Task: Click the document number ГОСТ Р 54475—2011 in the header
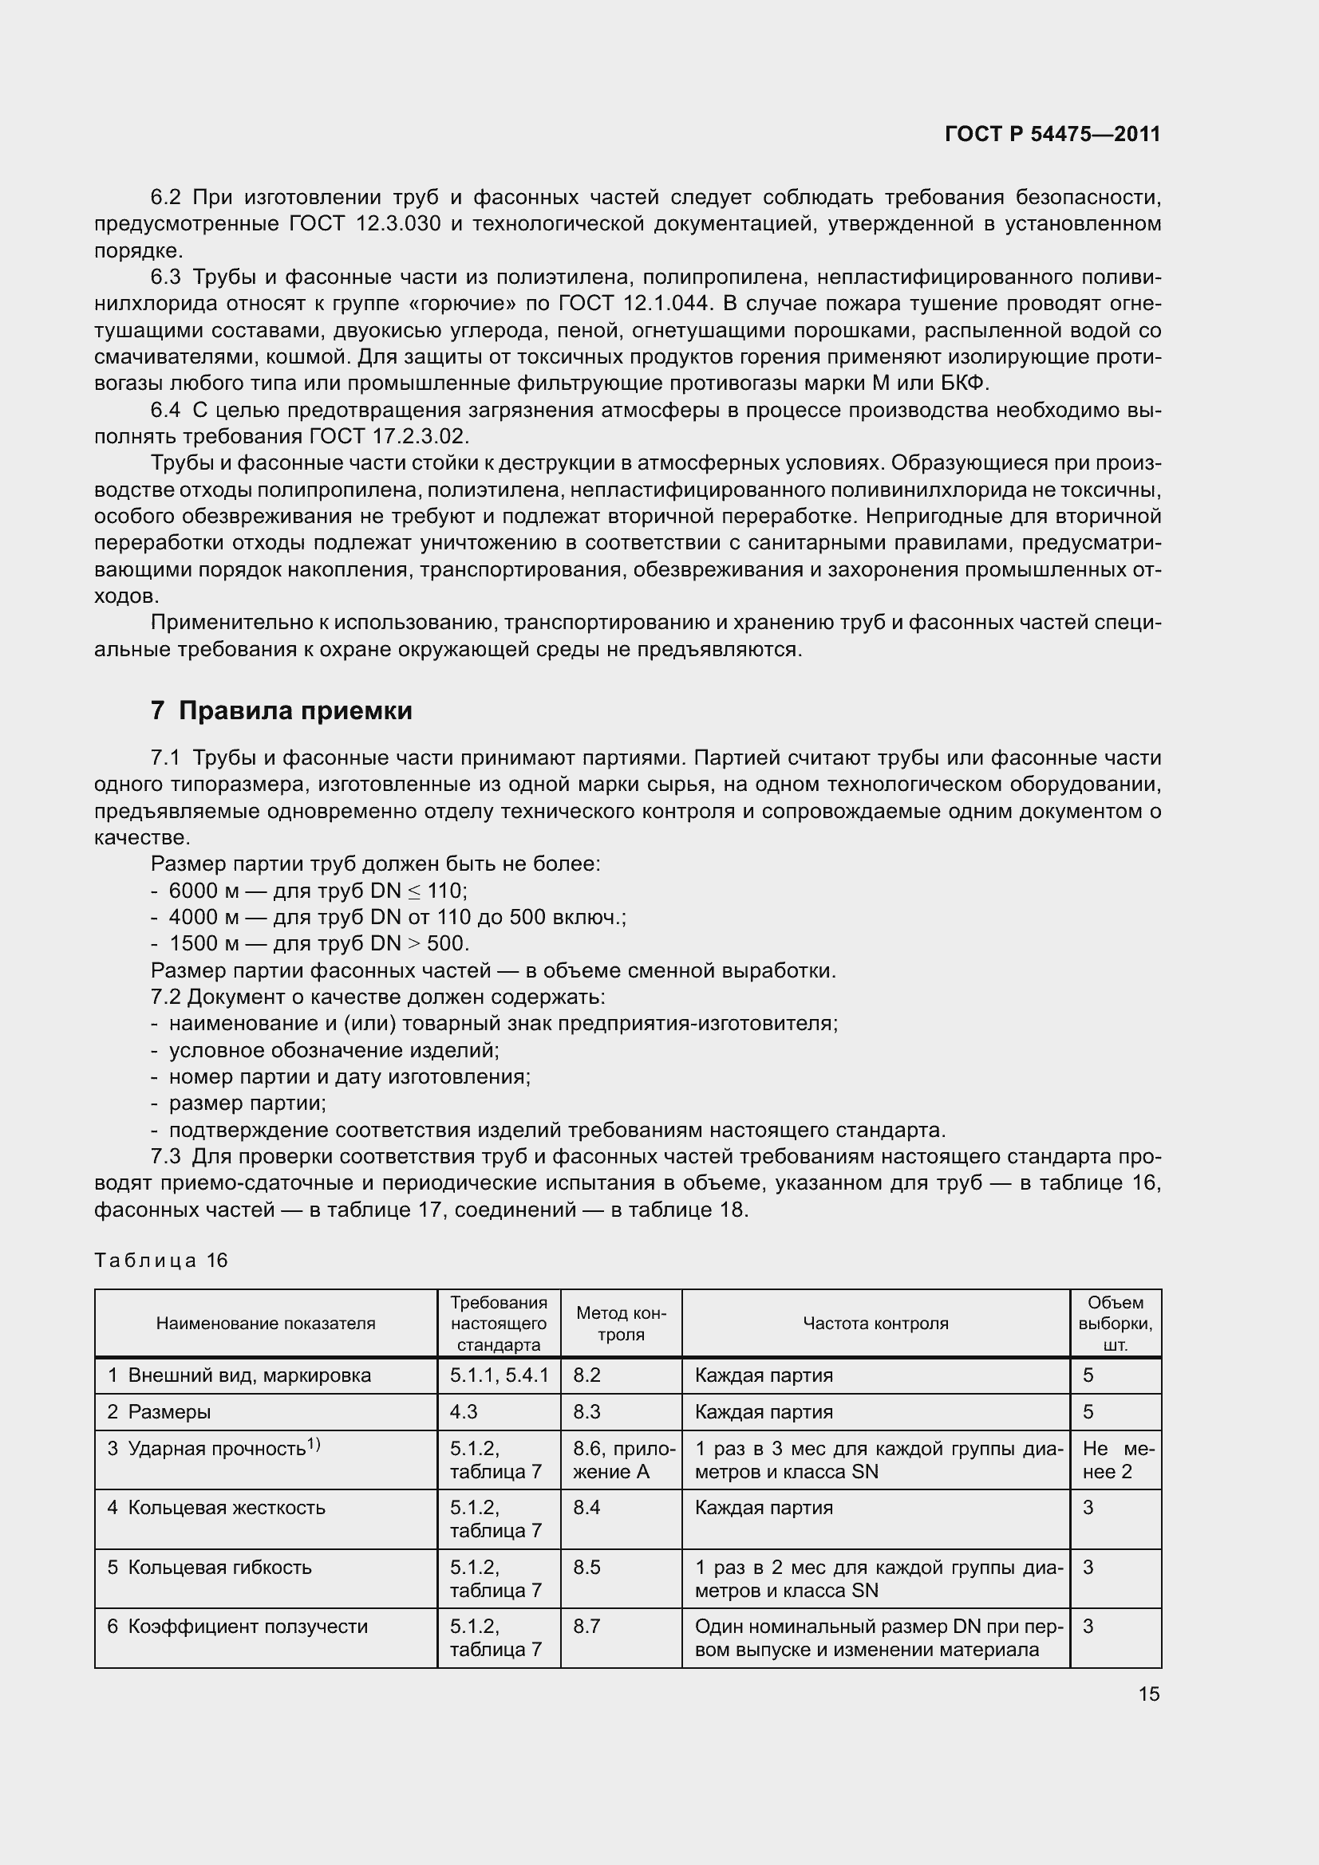pos(1052,135)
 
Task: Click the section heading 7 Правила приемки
pos(281,710)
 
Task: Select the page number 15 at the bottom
pos(1148,1694)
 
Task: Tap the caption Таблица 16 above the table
pos(161,1260)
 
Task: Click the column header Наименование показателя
pos(266,1324)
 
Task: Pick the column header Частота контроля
pos(875,1324)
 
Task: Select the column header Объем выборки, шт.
pos(1115,1324)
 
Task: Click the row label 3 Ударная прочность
pos(214,1448)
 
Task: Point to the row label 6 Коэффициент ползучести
pos(237,1626)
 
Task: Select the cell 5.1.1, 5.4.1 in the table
pos(499,1375)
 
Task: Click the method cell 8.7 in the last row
pos(586,1626)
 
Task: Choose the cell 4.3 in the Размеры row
pos(464,1412)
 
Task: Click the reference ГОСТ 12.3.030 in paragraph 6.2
pos(365,224)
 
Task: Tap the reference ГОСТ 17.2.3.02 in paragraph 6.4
pos(388,437)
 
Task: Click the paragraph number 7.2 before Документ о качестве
pos(166,997)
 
